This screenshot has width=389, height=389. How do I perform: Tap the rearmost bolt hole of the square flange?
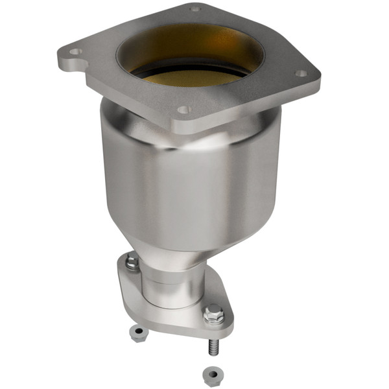pos(194,9)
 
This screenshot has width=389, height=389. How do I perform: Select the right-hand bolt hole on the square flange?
pos(301,73)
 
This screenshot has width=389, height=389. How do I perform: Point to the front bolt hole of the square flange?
pos(183,110)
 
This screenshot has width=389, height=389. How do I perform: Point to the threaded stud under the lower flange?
pos(213,347)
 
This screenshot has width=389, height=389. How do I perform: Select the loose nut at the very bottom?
pos(211,374)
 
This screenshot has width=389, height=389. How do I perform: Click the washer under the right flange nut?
pos(213,322)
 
